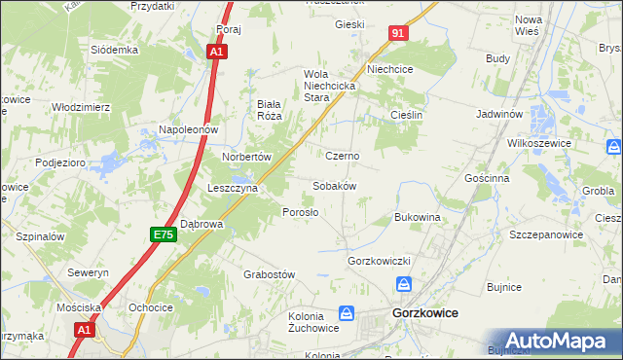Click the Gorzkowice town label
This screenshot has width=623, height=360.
click(x=424, y=314)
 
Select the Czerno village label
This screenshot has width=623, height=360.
click(x=343, y=156)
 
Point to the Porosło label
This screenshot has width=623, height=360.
click(x=300, y=212)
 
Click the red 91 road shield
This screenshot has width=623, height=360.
click(x=397, y=33)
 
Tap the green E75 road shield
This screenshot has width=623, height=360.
click(x=164, y=234)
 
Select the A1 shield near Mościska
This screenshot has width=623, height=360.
click(x=85, y=330)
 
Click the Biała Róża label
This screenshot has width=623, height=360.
click(x=269, y=109)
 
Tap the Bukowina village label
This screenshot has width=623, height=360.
click(x=419, y=217)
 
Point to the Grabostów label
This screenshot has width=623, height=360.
click(x=269, y=274)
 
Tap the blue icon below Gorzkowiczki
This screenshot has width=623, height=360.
click(x=404, y=284)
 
